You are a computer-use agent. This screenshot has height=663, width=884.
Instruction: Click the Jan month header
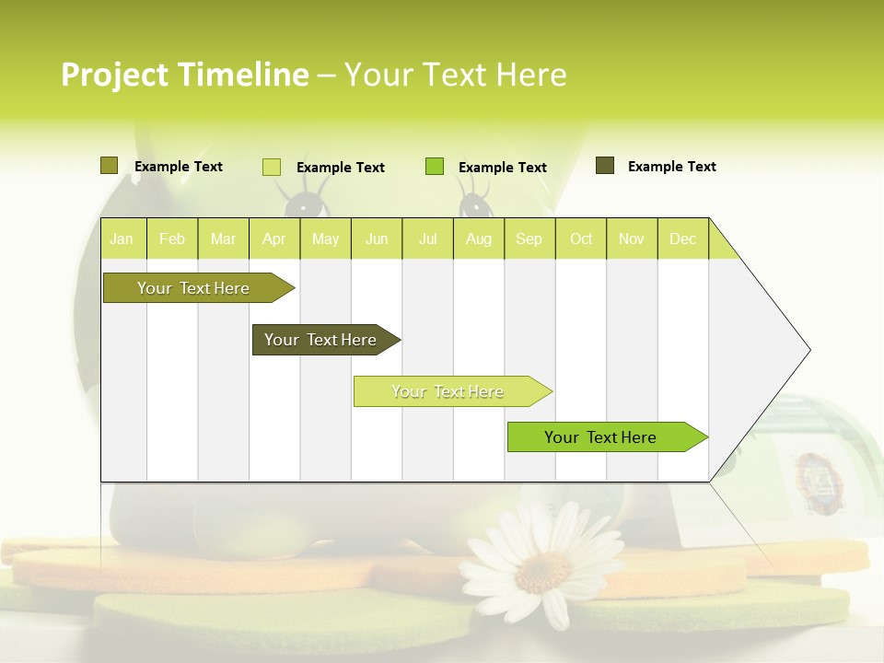pyautogui.click(x=122, y=238)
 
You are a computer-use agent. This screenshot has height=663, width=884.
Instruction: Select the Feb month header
pyautogui.click(x=172, y=238)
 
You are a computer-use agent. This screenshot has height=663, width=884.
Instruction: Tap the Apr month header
pyautogui.click(x=273, y=238)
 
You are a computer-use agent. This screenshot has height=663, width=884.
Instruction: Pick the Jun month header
pyautogui.click(x=377, y=238)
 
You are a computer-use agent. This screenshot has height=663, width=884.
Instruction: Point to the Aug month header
pyautogui.click(x=479, y=238)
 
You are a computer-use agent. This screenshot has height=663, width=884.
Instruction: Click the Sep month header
pyautogui.click(x=529, y=238)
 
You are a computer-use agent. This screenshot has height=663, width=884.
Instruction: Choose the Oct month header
pyautogui.click(x=581, y=238)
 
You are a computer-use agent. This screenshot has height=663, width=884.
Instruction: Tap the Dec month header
pyautogui.click(x=682, y=238)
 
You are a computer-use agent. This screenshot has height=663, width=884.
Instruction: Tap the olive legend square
pyautogui.click(x=109, y=166)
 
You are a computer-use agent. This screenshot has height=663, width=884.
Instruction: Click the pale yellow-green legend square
pyautogui.click(x=272, y=167)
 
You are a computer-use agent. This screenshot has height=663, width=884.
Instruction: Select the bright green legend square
pyautogui.click(x=435, y=167)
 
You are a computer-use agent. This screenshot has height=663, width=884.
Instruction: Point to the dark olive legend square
pyautogui.click(x=605, y=166)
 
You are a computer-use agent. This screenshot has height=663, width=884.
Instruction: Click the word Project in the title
pyautogui.click(x=113, y=75)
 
